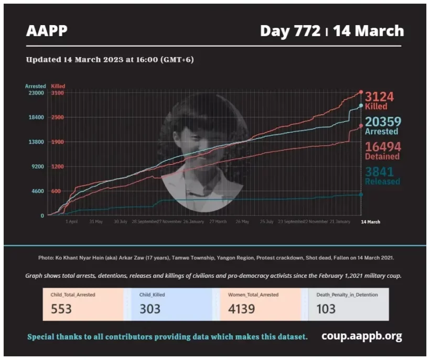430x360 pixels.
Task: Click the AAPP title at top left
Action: click(x=47, y=31)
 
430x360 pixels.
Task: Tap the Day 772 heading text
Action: click(x=290, y=31)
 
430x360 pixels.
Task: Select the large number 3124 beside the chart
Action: click(x=379, y=97)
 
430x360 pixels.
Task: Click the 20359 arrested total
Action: click(x=383, y=122)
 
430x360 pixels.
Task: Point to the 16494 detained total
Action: click(x=382, y=147)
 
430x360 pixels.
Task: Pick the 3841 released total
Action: click(x=379, y=171)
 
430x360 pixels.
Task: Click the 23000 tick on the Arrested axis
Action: click(x=36, y=93)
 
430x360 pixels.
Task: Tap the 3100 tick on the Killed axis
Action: click(x=58, y=93)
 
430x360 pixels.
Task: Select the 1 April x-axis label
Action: click(x=72, y=222)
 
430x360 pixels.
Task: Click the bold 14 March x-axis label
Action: click(x=371, y=222)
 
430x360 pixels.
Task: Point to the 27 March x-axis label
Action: click(x=218, y=222)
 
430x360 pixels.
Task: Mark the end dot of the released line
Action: click(x=361, y=194)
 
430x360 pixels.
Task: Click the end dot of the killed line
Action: click(x=361, y=92)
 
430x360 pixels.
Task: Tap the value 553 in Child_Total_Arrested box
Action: click(x=61, y=309)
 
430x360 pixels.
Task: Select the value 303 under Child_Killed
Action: click(x=150, y=309)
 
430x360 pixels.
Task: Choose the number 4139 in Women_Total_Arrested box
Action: click(x=242, y=309)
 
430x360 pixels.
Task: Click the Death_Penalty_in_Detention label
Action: click(x=347, y=295)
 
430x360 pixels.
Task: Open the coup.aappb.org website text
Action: click(x=362, y=336)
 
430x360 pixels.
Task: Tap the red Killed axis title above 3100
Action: click(x=58, y=86)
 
